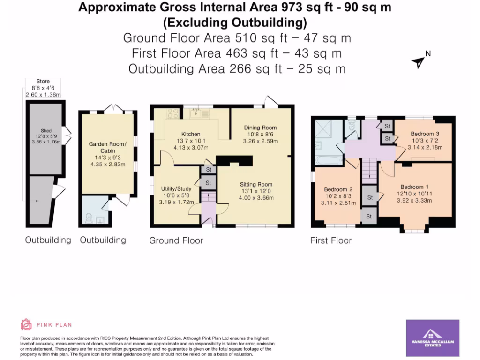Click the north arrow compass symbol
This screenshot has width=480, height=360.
click(x=419, y=61)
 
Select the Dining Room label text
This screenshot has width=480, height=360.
click(x=261, y=127)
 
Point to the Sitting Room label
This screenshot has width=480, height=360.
click(x=256, y=184)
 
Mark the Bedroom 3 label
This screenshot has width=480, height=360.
click(x=425, y=134)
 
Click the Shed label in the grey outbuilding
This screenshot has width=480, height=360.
click(x=45, y=131)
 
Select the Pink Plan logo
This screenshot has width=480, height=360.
click(x=46, y=324)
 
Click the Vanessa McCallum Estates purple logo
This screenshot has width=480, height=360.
click(x=432, y=337)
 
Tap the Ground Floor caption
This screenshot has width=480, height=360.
click(x=176, y=240)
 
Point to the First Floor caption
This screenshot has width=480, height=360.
click(x=331, y=240)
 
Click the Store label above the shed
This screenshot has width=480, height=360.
click(x=43, y=82)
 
